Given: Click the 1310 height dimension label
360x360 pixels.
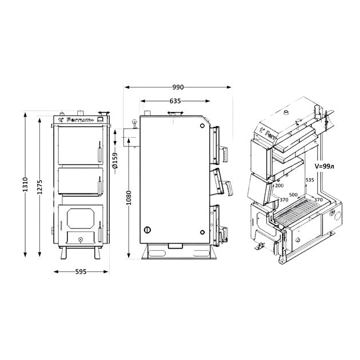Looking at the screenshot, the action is point(25,185).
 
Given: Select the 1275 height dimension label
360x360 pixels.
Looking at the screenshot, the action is point(40,187).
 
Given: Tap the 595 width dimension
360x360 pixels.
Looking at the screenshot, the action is point(81,271).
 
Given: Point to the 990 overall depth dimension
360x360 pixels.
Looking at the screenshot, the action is point(178,87).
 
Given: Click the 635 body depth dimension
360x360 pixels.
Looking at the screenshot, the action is point(175,101).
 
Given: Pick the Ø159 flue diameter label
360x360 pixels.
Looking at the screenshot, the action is point(115,160).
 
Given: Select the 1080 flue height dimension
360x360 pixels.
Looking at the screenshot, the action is point(129,198).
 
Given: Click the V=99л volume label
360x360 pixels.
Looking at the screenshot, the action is point(324,166).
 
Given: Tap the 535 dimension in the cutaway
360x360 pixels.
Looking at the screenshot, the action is point(310,180).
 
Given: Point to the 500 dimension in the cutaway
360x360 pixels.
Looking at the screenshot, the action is point(293,195).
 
